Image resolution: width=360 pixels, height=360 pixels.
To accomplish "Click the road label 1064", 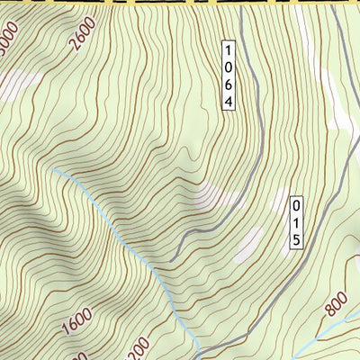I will [x=229, y=76].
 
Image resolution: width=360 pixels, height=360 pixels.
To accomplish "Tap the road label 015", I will [x=294, y=223].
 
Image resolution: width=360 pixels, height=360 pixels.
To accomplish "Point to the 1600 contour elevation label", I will [x=77, y=322].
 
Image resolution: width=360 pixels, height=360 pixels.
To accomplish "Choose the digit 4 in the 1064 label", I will [x=229, y=102].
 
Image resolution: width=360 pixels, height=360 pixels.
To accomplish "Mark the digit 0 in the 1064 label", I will [x=229, y=67].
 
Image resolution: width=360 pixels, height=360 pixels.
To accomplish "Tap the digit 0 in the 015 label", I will [x=294, y=206].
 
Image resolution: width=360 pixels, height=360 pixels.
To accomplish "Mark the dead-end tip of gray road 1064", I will [x=171, y=260].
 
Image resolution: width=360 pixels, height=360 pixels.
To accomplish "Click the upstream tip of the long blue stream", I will [x=54, y=168].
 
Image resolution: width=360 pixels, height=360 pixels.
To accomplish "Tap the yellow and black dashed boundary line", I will [x=180, y=3].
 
